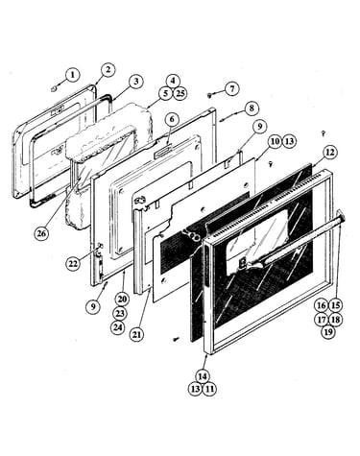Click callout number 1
coord(73,76)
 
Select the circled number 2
coord(108,70)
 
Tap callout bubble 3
coord(135,82)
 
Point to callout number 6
coord(172,119)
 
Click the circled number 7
coord(233,88)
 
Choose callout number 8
coord(252,108)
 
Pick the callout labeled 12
coord(329,153)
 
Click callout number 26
coord(41,233)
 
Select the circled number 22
coord(73,264)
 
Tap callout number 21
coord(136,335)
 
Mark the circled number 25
coord(180,94)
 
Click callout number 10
coord(275,141)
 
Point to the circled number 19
coord(328,332)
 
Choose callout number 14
coord(203,376)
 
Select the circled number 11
coord(209,390)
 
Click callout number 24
coord(118,327)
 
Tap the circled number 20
coord(121,300)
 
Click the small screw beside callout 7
coord(210,94)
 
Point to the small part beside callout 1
coord(54,86)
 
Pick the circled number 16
coord(322,305)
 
